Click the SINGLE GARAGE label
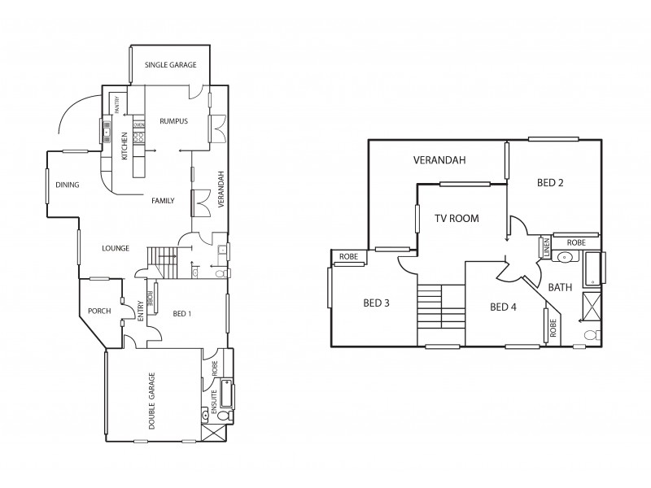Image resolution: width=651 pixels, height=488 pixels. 170,64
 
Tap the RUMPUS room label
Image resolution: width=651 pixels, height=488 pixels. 173,121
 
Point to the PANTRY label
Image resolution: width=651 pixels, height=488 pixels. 116,104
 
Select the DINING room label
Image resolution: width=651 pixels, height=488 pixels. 68,185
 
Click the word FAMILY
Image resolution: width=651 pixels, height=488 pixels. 163,200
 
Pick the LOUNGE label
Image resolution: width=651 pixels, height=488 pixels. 116,248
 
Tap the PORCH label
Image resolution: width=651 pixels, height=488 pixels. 99,311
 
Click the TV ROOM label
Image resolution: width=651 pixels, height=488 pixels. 456,218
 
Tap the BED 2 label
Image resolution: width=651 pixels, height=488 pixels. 550,183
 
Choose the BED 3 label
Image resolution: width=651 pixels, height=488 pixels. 376,303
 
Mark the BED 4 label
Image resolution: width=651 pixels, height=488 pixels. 503,307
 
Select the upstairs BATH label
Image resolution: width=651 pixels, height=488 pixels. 560,287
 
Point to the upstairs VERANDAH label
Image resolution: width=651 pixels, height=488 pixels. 439,160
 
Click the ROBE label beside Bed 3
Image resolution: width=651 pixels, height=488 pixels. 348,257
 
